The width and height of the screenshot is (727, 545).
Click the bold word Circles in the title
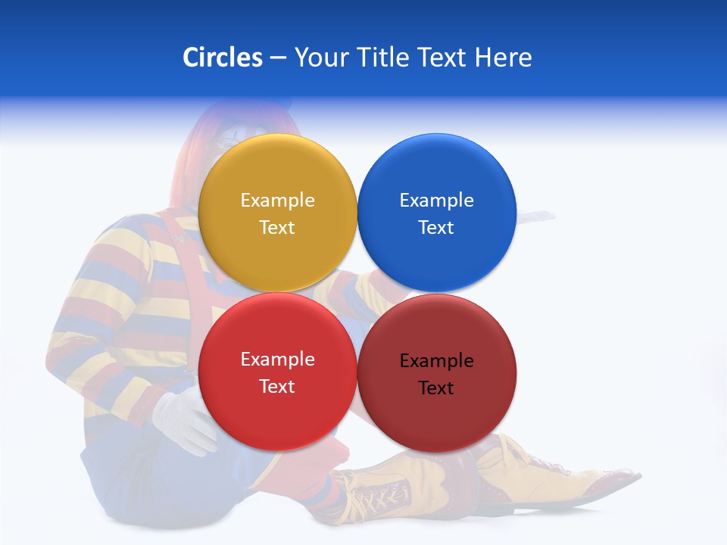(x=223, y=58)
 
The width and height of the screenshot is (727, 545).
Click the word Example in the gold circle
(x=277, y=200)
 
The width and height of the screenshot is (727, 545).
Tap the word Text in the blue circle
(x=436, y=227)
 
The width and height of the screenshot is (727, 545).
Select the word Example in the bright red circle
(x=277, y=359)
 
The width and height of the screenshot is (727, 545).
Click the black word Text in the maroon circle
(x=436, y=388)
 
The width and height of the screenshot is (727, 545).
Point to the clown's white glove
(x=182, y=421)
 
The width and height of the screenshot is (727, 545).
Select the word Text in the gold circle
(x=277, y=227)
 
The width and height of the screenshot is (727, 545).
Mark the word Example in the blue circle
(x=436, y=200)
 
